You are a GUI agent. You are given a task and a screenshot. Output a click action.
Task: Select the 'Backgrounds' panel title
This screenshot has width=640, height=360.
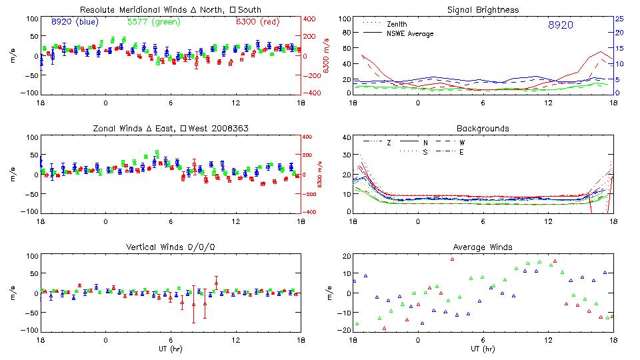point(483,128)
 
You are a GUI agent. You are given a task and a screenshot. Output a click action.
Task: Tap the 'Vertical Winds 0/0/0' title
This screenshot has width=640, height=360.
point(171,247)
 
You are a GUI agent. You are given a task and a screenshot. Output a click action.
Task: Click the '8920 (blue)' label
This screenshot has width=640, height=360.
point(75,22)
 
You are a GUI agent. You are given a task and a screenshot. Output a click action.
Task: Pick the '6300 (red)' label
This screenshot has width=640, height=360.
point(257,22)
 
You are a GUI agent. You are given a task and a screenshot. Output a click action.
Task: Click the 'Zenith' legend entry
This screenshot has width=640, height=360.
point(397,25)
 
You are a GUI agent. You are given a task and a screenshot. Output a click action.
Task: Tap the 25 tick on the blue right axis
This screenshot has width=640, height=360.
point(619,19)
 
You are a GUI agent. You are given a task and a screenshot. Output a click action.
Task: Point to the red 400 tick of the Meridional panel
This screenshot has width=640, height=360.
point(311,19)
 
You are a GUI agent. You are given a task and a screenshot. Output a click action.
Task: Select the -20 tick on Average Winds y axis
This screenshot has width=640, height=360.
point(343,331)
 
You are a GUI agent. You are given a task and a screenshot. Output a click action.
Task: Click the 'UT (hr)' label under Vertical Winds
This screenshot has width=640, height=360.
point(171,349)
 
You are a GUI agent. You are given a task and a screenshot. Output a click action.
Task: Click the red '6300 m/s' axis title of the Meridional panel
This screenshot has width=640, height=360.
point(327,57)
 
